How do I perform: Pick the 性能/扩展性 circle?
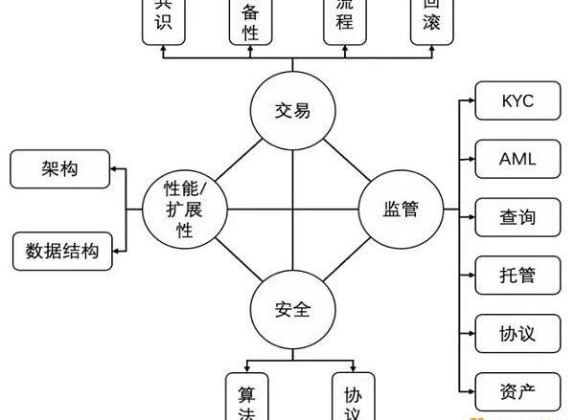click(183, 209)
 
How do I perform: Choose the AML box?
click(517, 159)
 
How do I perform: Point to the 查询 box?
click(517, 217)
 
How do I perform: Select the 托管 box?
click(517, 276)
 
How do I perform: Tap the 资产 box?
click(517, 390)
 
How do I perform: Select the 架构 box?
click(58, 168)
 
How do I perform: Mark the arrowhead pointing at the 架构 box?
click(113, 168)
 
